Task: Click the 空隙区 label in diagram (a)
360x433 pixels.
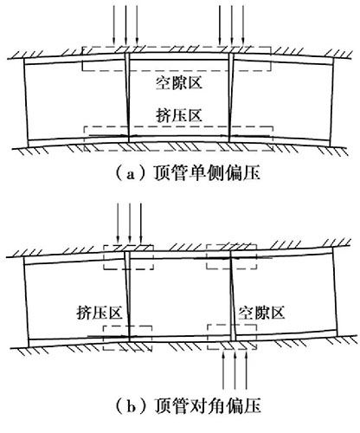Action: click(x=179, y=83)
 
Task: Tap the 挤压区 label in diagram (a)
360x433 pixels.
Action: click(x=179, y=115)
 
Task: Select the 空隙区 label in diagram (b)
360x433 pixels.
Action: click(x=261, y=313)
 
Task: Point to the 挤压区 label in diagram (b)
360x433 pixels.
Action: click(x=100, y=313)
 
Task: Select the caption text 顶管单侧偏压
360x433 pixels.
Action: click(x=207, y=173)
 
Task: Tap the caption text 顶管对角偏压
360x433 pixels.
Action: click(x=207, y=406)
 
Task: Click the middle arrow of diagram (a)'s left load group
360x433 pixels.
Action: click(x=125, y=25)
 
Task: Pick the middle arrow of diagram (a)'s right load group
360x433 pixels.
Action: click(x=232, y=25)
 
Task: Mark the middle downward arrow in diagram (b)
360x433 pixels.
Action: click(x=130, y=223)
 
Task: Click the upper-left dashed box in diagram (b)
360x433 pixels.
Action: click(x=129, y=245)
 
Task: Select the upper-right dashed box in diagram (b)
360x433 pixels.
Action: click(x=231, y=245)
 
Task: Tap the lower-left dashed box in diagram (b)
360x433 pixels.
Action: click(x=127, y=326)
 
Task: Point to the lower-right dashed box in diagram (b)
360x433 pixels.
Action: click(x=232, y=325)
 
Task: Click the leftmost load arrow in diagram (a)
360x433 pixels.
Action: click(x=114, y=25)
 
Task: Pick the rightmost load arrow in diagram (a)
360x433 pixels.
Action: click(x=243, y=25)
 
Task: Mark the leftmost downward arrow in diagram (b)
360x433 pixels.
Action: click(x=118, y=223)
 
